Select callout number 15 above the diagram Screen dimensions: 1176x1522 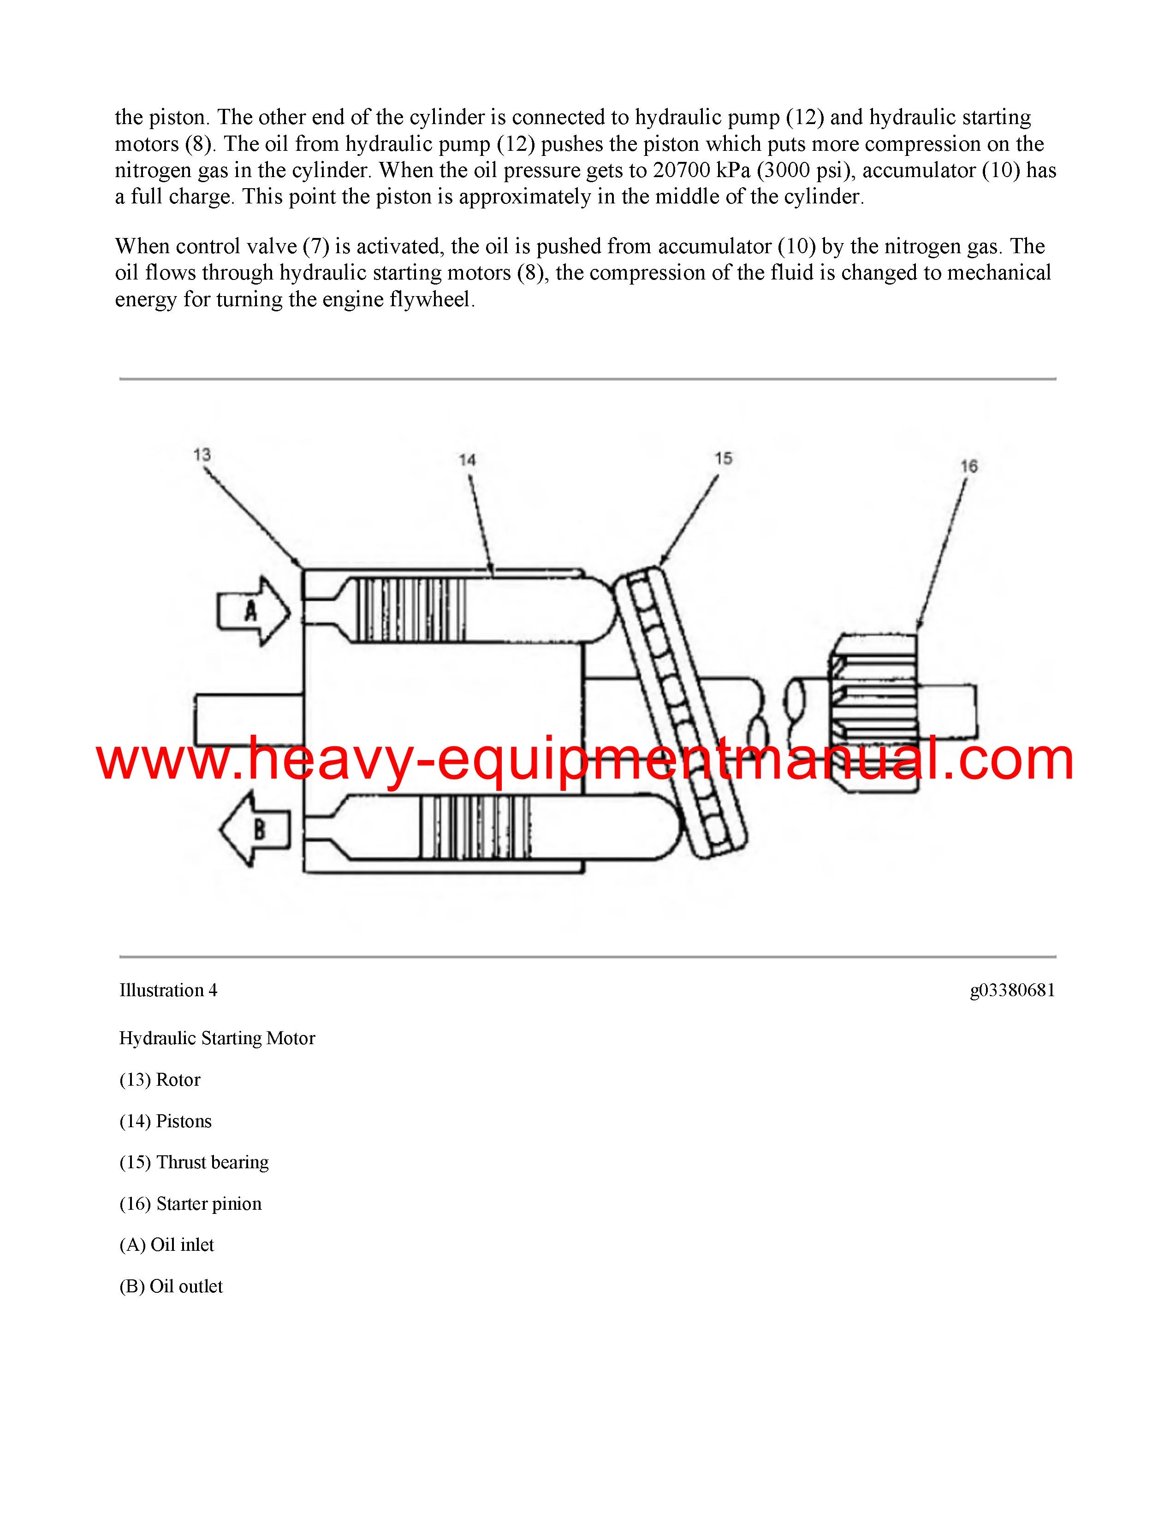723,458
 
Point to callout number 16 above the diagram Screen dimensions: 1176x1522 969,466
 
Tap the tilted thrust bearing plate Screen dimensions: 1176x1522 681,711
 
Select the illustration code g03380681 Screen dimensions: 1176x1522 1012,990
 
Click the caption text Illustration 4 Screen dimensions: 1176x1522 169,990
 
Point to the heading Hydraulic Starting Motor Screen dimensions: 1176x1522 217,1038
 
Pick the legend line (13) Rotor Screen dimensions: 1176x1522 160,1080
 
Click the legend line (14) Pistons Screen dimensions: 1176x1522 166,1121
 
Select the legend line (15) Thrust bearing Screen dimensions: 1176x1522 194,1162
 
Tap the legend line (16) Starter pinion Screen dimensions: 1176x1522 191,1203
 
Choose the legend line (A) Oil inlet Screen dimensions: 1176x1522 167,1245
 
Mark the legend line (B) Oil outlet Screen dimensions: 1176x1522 172,1286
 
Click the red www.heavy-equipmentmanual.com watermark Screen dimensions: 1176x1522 585,760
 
